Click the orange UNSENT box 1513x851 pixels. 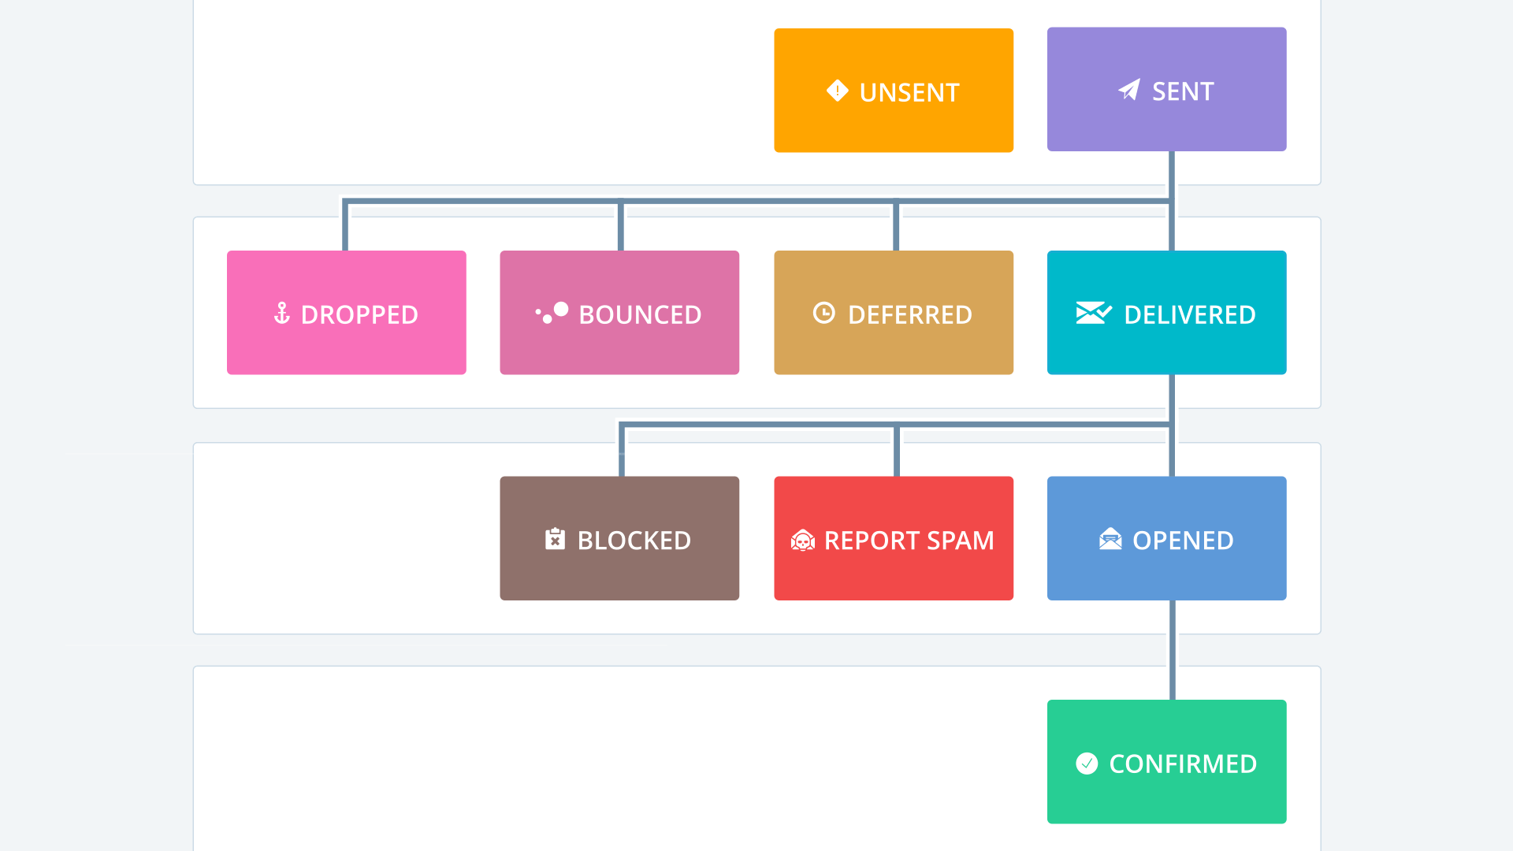coord(893,91)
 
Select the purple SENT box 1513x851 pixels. coord(1166,89)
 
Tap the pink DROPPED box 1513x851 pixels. coord(346,312)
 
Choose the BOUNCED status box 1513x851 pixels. coord(619,312)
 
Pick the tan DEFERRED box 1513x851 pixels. coord(893,312)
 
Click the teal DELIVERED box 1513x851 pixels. coord(1166,312)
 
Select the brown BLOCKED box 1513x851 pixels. coord(619,538)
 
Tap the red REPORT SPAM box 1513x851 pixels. coord(893,538)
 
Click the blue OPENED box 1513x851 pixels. coord(1166,538)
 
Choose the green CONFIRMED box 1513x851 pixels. coord(1166,761)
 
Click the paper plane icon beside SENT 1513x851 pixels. coord(1129,90)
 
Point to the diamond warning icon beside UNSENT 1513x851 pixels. coord(837,91)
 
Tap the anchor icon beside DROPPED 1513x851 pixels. coord(281,313)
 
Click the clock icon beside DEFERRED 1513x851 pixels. coord(823,313)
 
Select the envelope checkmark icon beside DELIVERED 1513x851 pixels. coord(1093,313)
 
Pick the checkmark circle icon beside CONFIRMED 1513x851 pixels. coord(1087,763)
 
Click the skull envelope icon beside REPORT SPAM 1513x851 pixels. coord(802,540)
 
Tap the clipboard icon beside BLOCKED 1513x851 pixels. coord(555,539)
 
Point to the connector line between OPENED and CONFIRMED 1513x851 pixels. coord(1172,650)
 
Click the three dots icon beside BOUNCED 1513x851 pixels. coord(552,313)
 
